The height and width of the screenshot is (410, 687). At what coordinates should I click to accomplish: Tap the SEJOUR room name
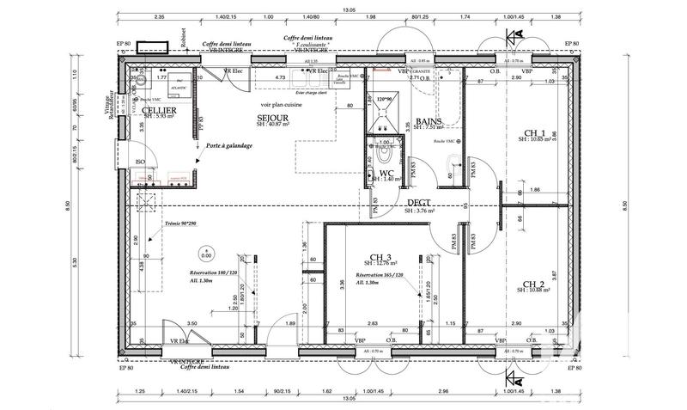272,118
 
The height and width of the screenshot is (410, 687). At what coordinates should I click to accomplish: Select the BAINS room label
429,122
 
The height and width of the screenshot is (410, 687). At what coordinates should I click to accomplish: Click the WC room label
386,173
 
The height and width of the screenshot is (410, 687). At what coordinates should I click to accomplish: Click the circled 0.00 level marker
205,254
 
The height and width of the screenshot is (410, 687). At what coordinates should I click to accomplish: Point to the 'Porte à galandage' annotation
228,146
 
